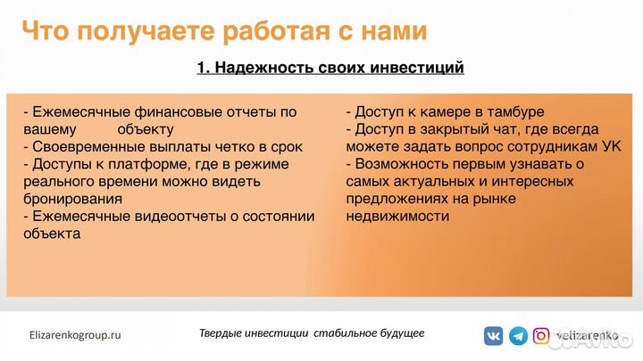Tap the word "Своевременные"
point(85,147)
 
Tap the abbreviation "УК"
point(611,147)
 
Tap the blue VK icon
point(494,336)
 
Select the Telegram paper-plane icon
point(518,336)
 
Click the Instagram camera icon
point(541,336)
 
